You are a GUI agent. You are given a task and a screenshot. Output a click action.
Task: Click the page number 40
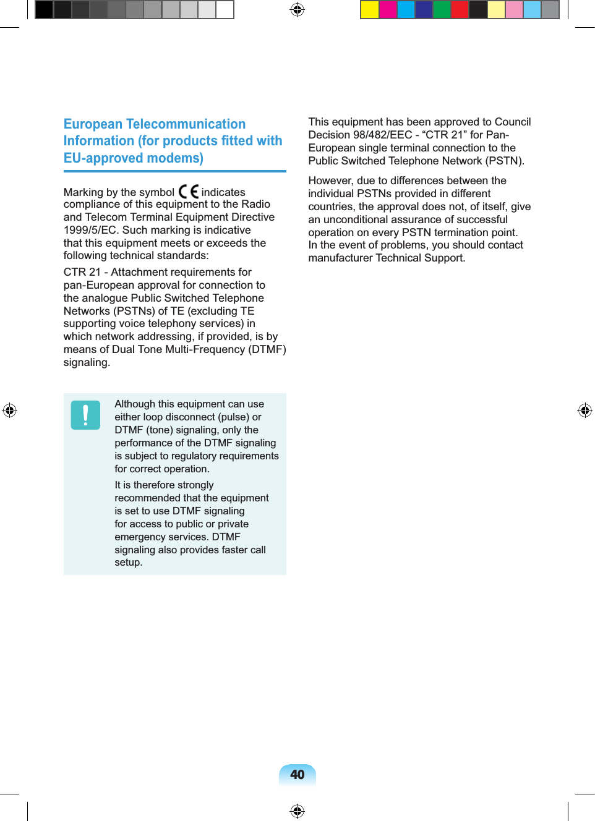click(297, 775)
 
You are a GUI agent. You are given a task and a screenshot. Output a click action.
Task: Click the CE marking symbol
click(188, 192)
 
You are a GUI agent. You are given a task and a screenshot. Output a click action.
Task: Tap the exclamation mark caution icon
click(85, 415)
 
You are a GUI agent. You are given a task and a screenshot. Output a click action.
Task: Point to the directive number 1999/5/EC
click(91, 230)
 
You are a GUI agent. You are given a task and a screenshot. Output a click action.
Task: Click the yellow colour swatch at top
click(369, 10)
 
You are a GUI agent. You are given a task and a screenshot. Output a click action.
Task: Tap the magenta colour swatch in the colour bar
click(388, 10)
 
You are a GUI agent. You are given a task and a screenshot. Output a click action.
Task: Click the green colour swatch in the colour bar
click(442, 10)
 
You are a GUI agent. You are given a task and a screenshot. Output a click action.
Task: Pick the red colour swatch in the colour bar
click(460, 10)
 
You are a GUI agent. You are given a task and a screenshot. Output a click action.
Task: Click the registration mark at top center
click(297, 10)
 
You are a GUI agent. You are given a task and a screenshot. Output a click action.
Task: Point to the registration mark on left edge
click(10, 410)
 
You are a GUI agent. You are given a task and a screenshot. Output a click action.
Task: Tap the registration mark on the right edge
click(584, 410)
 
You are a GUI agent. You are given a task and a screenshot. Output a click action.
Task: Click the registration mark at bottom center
click(297, 810)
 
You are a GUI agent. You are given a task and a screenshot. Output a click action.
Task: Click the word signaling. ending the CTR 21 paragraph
click(87, 362)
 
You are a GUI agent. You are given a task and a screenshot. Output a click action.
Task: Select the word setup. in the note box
click(128, 563)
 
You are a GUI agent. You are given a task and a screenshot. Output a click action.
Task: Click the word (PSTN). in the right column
click(505, 161)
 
